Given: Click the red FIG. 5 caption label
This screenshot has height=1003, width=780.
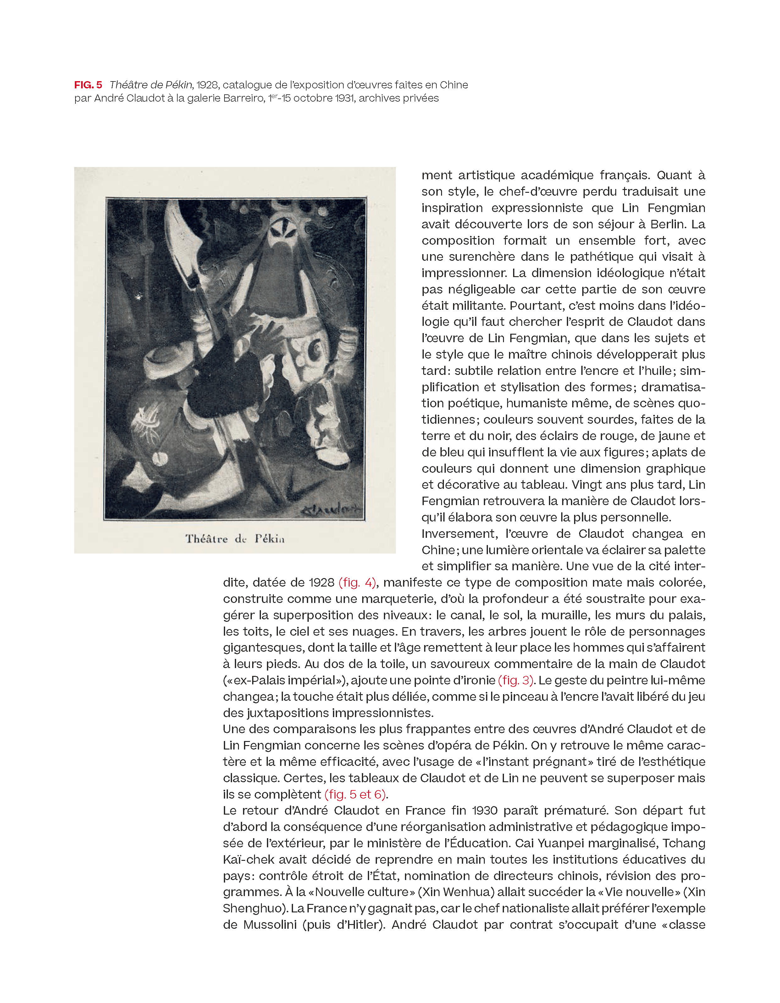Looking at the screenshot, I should tap(88, 85).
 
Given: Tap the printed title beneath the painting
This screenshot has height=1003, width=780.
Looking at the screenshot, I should tap(235, 539).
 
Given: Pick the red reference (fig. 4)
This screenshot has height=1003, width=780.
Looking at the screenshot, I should tap(357, 583).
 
